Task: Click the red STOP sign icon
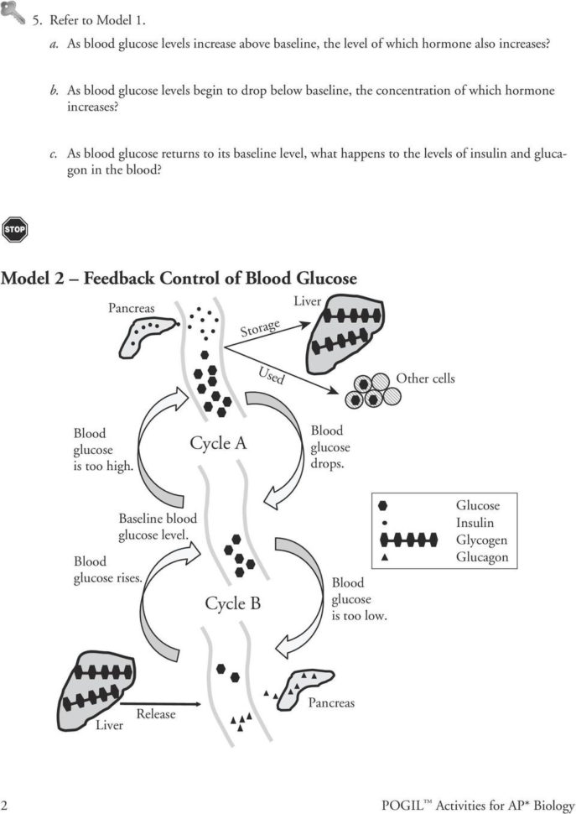[x=14, y=228]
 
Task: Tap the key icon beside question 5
[x=13, y=11]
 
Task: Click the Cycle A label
[x=218, y=443]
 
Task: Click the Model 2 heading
[x=179, y=278]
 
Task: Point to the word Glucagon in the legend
[x=481, y=557]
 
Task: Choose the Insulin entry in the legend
[x=475, y=523]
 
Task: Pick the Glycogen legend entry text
[x=481, y=540]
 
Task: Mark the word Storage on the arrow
[x=260, y=327]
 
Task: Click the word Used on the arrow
[x=271, y=375]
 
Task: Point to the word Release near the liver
[x=156, y=713]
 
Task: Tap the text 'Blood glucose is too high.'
[x=102, y=450]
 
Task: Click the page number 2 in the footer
[x=6, y=804]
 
